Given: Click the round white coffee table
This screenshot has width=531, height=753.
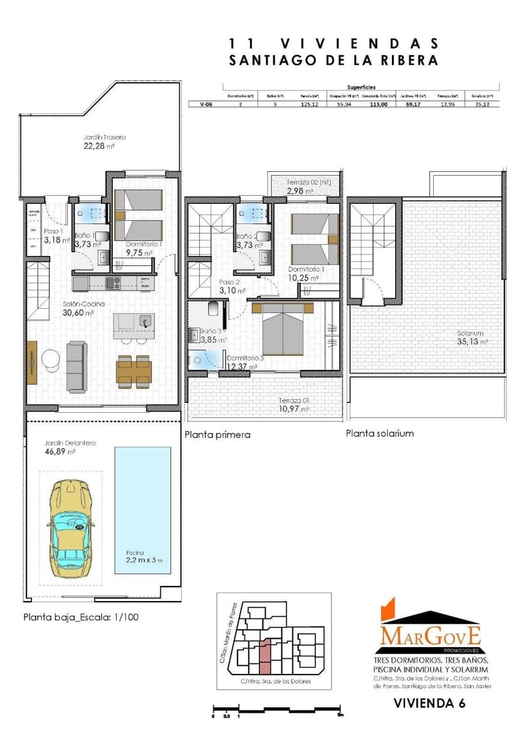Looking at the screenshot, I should [50, 359].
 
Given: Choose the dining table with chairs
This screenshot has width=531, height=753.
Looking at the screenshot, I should [133, 371].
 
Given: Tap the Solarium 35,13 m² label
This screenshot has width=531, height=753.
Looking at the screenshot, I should [472, 338].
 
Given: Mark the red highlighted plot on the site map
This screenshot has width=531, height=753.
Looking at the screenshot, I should [266, 656].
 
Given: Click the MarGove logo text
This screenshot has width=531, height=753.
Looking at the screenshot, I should [430, 635].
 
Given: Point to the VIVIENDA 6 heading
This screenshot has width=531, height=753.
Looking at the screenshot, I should [429, 703].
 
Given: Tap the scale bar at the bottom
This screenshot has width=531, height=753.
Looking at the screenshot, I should [276, 710].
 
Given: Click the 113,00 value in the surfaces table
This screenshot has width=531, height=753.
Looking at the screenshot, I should [378, 105].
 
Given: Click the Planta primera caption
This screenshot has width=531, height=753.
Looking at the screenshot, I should [218, 434].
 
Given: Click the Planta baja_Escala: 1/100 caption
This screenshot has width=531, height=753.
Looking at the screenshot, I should [81, 617].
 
